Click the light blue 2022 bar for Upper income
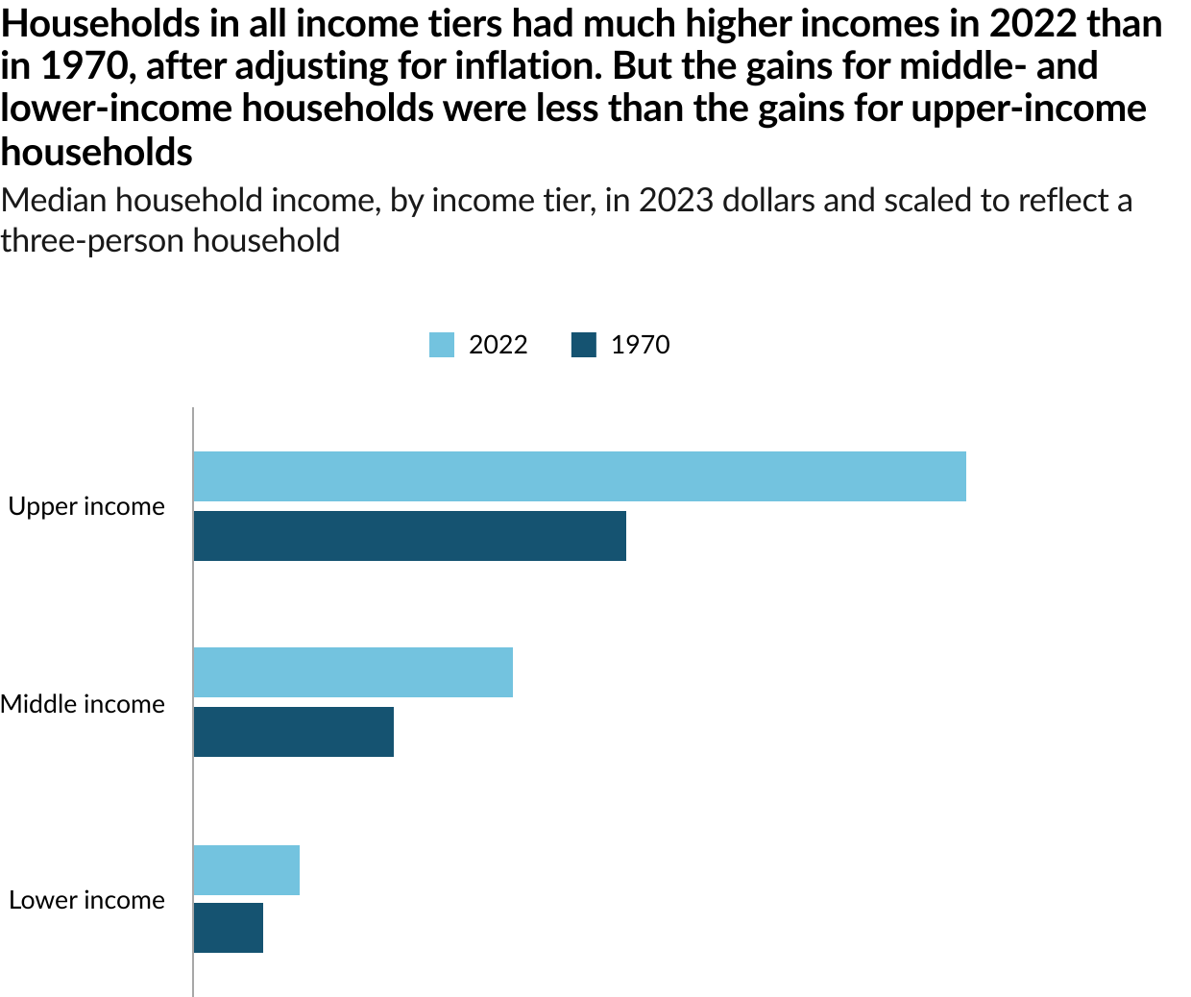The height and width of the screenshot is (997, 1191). pos(579,475)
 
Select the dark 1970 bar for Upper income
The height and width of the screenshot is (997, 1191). pos(409,536)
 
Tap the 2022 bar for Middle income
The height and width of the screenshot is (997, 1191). pos(352,672)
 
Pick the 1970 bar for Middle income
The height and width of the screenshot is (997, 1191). pos(293,732)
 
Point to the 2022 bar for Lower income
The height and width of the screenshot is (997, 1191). pos(246,870)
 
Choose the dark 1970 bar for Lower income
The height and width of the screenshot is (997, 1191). pos(228,928)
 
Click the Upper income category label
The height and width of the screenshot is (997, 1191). pos(86,506)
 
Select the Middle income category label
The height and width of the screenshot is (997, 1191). pos(83,704)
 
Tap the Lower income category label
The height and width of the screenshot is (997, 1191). pos(86,900)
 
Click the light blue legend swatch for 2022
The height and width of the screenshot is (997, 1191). pos(442,345)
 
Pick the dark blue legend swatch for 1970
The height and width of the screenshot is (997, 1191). pos(584,345)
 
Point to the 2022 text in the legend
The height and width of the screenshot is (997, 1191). pos(498,345)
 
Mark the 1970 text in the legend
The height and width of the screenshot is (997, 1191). pos(640,345)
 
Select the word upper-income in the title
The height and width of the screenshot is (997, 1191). pos(1028,109)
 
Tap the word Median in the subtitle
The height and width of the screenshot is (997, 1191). pos(54,201)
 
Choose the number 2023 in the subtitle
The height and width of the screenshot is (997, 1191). pos(677,201)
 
